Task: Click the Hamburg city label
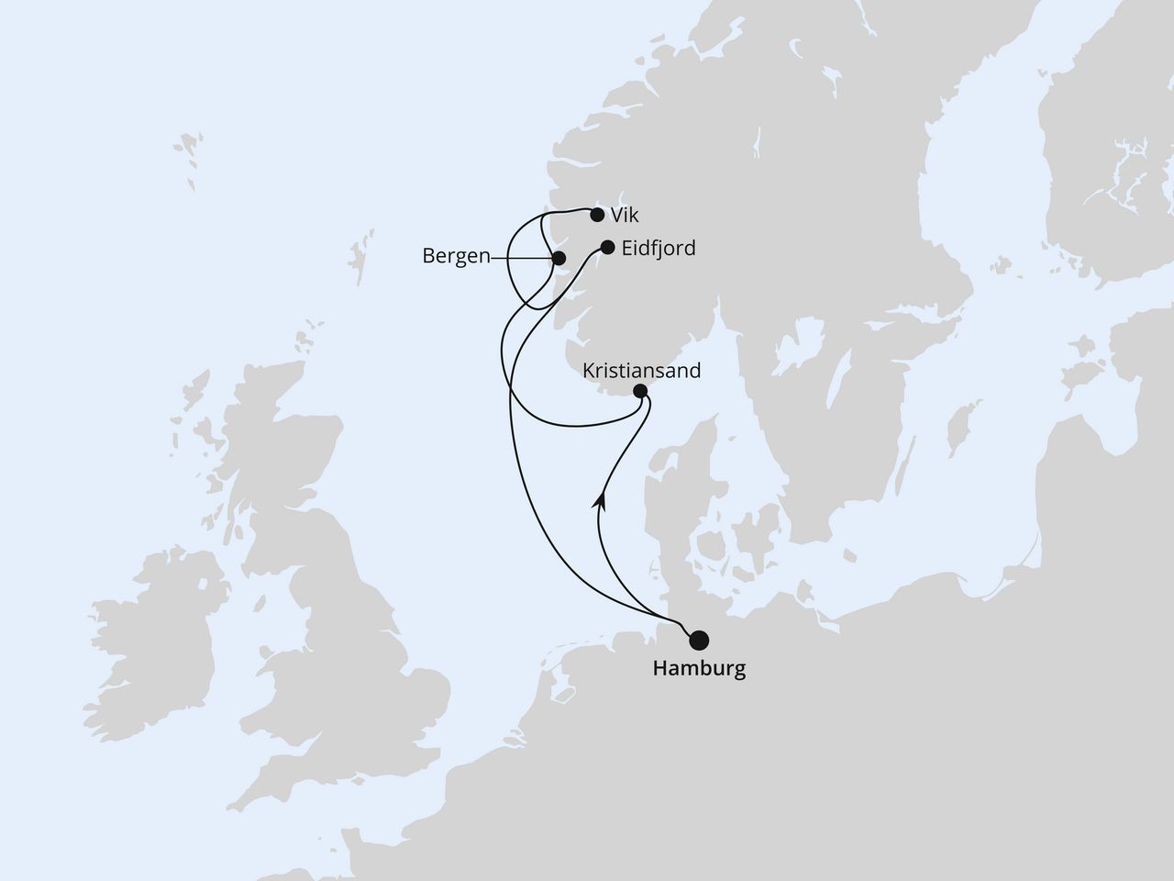[x=699, y=669]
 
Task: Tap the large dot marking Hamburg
[x=700, y=640]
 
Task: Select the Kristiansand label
[x=642, y=371]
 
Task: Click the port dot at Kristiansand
[x=641, y=392]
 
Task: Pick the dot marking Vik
[x=597, y=216]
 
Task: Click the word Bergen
[x=457, y=257]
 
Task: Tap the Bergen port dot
[x=558, y=258]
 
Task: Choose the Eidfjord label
[x=658, y=248]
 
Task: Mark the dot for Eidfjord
[x=606, y=247]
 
